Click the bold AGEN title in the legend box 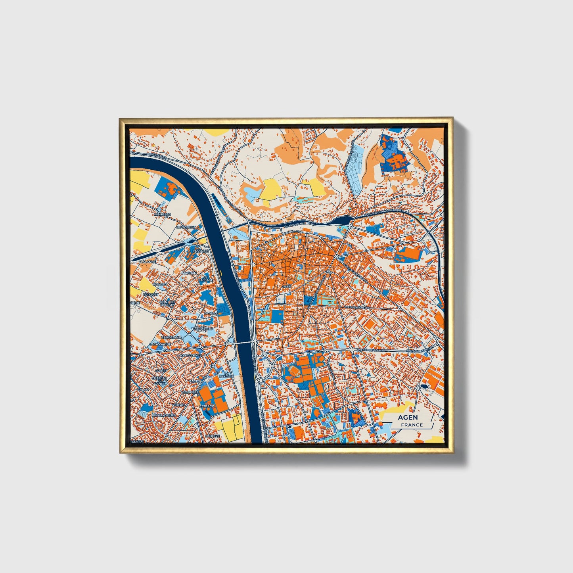[408, 417]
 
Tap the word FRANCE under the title [412, 425]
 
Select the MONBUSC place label [162, 214]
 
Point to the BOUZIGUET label [186, 227]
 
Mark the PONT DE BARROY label [167, 303]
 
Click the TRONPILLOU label [202, 329]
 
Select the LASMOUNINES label [190, 355]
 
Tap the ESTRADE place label [207, 406]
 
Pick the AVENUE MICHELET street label [356, 307]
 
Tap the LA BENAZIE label [226, 375]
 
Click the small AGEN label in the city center [286, 286]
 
